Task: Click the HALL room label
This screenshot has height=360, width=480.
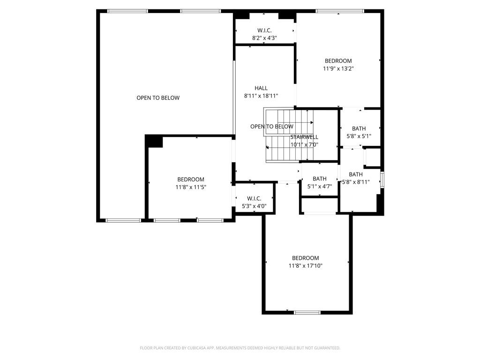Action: pyautogui.click(x=261, y=88)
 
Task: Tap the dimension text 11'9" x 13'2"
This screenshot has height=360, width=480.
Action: pyautogui.click(x=338, y=68)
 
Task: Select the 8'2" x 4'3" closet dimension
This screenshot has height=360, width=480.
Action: pyautogui.click(x=264, y=38)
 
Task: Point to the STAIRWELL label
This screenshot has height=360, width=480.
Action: pyautogui.click(x=304, y=137)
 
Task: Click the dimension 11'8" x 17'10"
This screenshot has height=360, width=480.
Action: pyautogui.click(x=306, y=266)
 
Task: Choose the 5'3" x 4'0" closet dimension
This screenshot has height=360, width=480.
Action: pyautogui.click(x=254, y=206)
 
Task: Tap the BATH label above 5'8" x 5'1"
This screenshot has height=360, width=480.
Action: pyautogui.click(x=359, y=128)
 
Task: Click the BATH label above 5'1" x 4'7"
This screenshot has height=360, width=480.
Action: pyautogui.click(x=320, y=179)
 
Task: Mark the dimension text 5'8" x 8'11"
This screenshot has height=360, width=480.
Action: pyautogui.click(x=356, y=182)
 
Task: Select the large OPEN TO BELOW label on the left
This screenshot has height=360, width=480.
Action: pyautogui.click(x=158, y=98)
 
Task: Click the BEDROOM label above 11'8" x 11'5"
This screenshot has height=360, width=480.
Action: pyautogui.click(x=191, y=180)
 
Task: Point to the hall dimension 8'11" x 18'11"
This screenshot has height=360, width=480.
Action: pyautogui.click(x=261, y=96)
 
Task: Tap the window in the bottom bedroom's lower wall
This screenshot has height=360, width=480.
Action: pyautogui.click(x=307, y=313)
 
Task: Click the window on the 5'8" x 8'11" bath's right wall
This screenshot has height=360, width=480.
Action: pyautogui.click(x=382, y=180)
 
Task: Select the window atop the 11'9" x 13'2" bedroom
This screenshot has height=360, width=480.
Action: pyautogui.click(x=340, y=11)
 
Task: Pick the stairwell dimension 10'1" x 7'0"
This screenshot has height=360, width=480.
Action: pyautogui.click(x=304, y=144)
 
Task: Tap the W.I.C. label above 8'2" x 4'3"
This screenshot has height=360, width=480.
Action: pyautogui.click(x=264, y=30)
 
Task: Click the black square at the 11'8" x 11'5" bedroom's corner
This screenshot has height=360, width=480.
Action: pyautogui.click(x=154, y=142)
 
